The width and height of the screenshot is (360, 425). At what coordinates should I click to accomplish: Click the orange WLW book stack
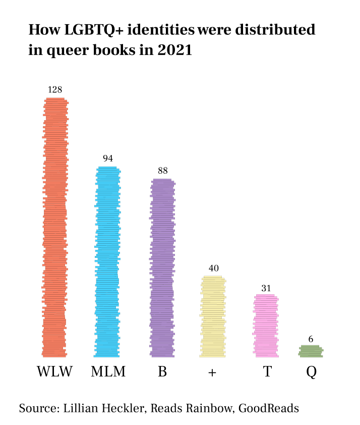tap(55, 227)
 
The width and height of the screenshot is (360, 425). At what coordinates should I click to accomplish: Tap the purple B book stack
tap(162, 268)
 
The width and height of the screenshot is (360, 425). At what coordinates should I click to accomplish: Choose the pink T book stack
tap(265, 326)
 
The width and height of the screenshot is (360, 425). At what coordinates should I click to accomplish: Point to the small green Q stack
tap(311, 351)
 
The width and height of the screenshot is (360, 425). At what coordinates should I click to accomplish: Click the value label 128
tap(55, 90)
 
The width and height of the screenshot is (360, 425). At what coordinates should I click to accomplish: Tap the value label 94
tap(108, 158)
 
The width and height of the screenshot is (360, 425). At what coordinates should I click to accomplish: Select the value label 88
tap(162, 171)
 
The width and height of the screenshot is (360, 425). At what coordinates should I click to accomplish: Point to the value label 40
tap(214, 268)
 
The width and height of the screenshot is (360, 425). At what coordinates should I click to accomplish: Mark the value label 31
tap(266, 288)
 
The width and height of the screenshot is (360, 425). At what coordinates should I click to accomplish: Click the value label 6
tap(311, 339)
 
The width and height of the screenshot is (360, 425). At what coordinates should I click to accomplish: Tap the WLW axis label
tap(55, 373)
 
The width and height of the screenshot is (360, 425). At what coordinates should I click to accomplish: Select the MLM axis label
tap(108, 373)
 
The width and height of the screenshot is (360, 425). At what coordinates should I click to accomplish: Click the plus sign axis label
tap(212, 373)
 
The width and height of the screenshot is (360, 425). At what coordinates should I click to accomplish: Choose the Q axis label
tap(311, 373)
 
